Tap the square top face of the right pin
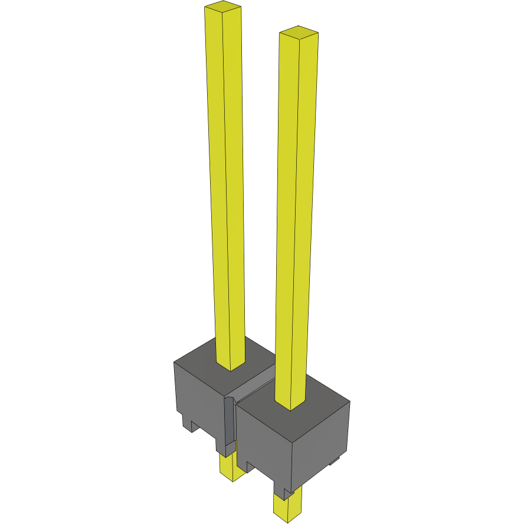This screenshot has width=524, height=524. pos(299,32)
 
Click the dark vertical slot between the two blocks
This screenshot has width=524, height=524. pos(229,422)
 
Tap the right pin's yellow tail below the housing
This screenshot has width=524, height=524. pos(287,505)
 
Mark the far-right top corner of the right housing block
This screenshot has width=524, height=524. pos(349,402)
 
